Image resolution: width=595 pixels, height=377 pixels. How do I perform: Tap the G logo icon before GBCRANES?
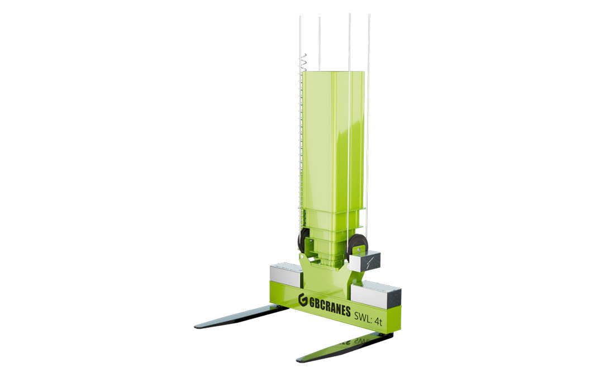point(303,299)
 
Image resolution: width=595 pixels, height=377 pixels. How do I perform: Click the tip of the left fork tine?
point(196,326)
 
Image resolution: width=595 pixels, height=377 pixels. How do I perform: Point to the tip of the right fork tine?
point(298,359)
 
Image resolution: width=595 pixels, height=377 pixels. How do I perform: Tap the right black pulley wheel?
point(354,246)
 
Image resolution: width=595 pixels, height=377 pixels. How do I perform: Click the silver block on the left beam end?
point(286,274)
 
